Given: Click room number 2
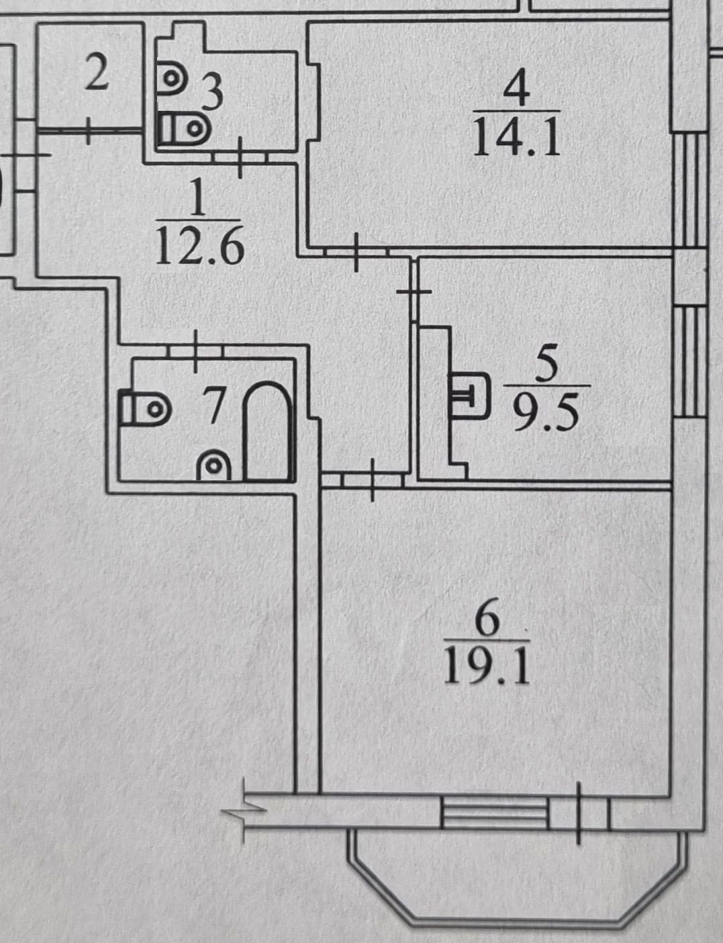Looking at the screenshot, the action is coord(97,75).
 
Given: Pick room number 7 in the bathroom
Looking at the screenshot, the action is coord(214,406).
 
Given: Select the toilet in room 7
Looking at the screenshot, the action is coord(143,408).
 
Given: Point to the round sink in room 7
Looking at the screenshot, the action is coord(214,465).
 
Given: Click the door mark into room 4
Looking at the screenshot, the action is coord(356,251).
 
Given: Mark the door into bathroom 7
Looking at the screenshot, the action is coord(195,351).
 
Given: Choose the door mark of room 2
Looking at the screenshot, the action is coord(89,130).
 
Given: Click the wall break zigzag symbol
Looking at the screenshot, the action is coord(244,811).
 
